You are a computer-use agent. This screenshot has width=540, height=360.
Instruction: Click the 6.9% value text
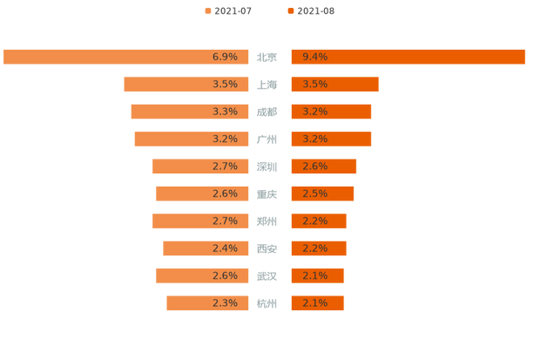225,57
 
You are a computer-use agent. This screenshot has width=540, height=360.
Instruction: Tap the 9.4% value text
314,57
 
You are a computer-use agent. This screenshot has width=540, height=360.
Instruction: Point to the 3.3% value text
225,112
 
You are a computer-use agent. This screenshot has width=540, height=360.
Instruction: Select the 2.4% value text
225,248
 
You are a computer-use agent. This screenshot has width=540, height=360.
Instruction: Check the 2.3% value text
225,303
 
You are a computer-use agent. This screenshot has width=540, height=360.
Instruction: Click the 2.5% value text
314,194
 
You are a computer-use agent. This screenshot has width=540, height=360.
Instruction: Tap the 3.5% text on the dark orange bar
314,85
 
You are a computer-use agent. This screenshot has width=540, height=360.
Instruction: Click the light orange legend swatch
206,10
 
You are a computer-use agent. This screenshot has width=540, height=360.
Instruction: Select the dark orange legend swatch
289,10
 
